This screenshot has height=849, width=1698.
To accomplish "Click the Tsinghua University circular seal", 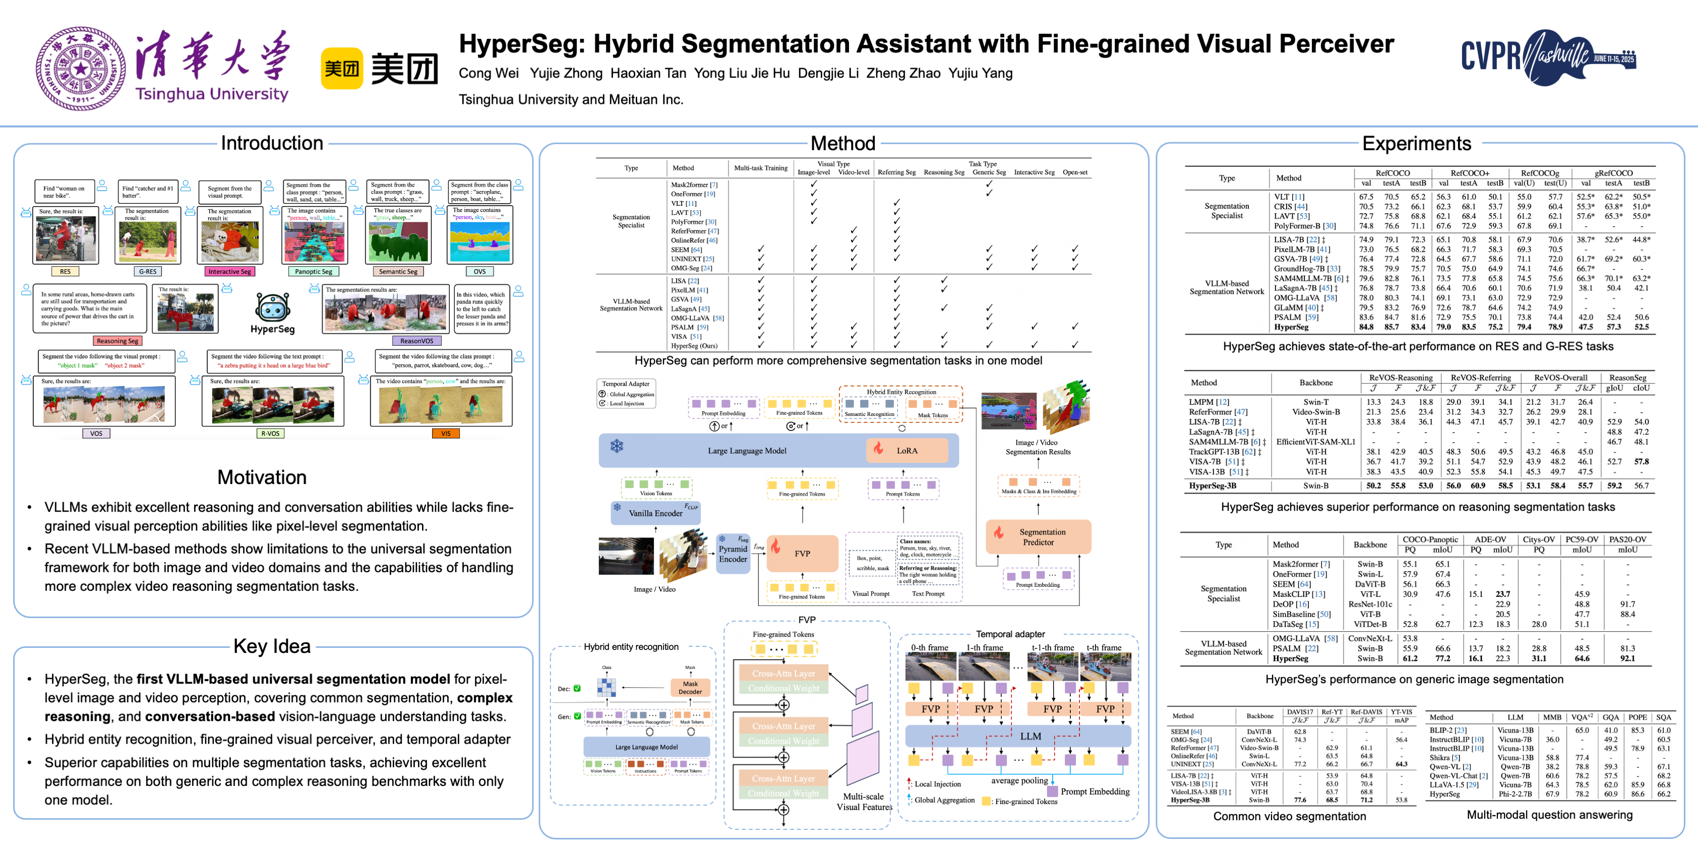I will point(81,69).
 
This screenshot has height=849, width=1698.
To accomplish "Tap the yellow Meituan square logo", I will point(341,68).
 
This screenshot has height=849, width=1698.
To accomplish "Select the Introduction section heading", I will point(272,143).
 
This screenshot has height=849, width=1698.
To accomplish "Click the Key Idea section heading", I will point(272,646).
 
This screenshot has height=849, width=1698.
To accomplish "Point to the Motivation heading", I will point(262,477).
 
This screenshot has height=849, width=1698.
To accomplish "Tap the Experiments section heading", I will point(1416,143).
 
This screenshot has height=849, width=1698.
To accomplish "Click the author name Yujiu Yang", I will point(980,73).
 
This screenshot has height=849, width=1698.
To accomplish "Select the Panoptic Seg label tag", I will point(313,272).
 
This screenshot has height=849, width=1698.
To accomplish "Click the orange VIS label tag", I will point(446,434).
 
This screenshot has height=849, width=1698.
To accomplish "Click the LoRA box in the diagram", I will point(906,451).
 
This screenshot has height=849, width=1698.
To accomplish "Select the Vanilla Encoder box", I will point(655,513).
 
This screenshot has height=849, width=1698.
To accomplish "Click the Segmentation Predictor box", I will point(1038,536).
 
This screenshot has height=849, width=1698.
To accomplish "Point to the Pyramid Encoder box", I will point(733,554).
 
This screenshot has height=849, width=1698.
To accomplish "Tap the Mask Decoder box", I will point(690,688).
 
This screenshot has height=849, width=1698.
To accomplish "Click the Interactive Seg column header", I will point(1034,172).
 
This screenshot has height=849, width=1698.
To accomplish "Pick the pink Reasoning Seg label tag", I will point(117,341).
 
